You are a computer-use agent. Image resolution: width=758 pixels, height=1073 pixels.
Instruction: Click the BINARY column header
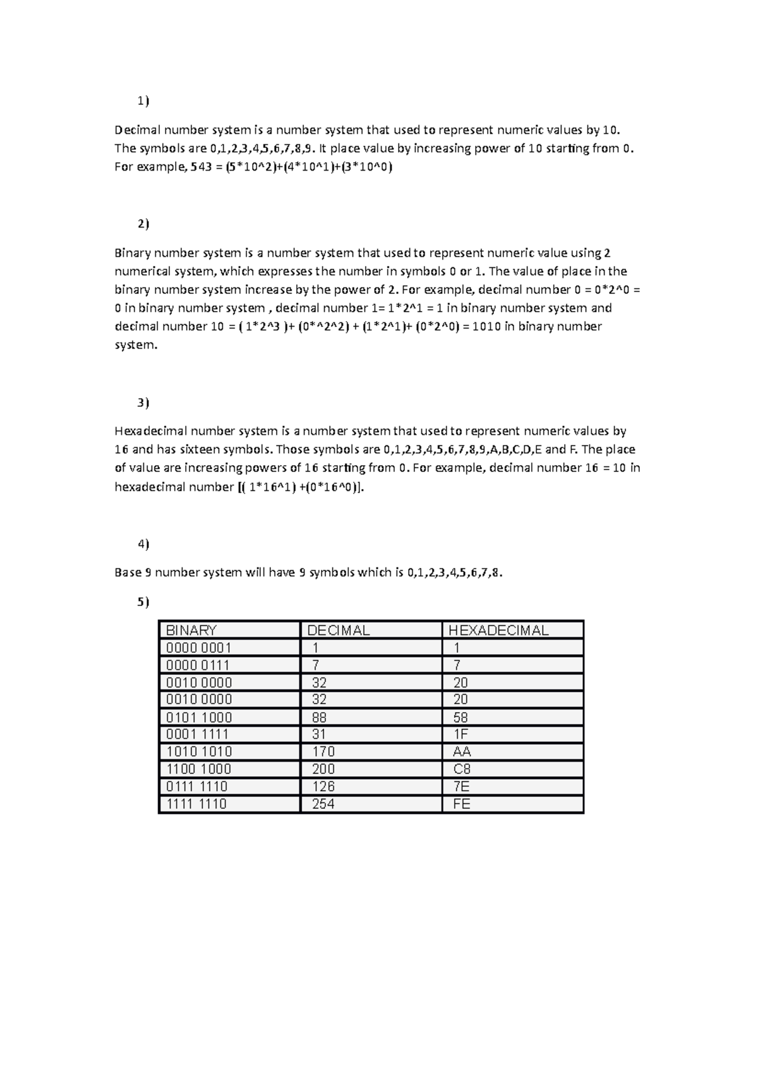point(191,630)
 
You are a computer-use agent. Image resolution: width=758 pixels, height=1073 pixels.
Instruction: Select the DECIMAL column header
point(338,630)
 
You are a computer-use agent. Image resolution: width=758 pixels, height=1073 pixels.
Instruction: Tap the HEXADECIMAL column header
point(498,630)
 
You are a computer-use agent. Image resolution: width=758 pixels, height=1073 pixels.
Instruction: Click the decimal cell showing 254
point(323,804)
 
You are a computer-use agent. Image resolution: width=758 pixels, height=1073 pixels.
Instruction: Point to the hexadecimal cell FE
point(462,804)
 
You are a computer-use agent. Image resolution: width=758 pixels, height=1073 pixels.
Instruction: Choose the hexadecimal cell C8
point(462,769)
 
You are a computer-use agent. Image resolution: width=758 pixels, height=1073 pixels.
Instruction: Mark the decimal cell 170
point(323,751)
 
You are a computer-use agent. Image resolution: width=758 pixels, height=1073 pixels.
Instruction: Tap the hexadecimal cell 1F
point(460,734)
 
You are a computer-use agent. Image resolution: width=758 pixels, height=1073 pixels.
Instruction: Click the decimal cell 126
point(323,786)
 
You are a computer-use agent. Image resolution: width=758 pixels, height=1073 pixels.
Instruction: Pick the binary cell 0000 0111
point(198,665)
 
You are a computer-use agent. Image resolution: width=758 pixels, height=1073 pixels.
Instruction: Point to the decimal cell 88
point(320,717)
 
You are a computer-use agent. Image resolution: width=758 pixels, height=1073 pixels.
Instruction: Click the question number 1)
point(143,101)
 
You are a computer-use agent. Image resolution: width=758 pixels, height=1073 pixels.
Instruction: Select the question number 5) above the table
point(143,602)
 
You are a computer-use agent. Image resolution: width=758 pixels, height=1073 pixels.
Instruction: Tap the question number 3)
point(143,403)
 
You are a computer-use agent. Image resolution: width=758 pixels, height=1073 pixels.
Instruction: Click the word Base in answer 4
point(128,573)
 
